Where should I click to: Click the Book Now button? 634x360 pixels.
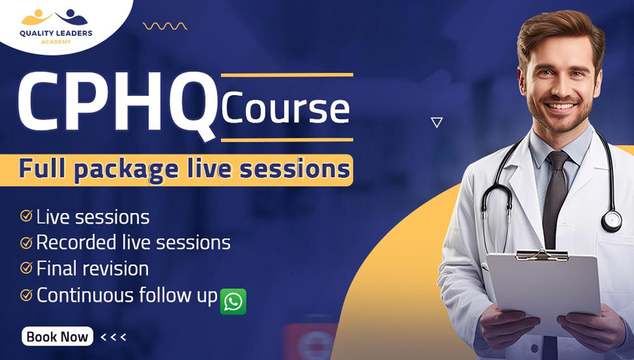[x=57, y=337]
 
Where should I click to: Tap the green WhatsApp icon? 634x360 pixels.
[x=233, y=302]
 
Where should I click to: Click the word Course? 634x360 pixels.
[x=285, y=108]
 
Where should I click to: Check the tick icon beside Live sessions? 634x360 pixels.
[x=26, y=216]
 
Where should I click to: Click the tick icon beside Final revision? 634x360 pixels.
[x=26, y=268]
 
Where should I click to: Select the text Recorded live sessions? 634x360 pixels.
[x=133, y=242]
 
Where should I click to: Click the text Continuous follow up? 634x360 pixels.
[x=127, y=295]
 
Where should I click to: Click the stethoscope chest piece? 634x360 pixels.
[x=612, y=221]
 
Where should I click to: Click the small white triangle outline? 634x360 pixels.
[x=437, y=122]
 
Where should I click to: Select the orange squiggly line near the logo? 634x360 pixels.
[x=165, y=26]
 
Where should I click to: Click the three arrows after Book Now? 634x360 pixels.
[x=113, y=337]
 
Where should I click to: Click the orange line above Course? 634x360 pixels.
[x=287, y=74]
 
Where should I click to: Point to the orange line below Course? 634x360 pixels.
[x=287, y=139]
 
